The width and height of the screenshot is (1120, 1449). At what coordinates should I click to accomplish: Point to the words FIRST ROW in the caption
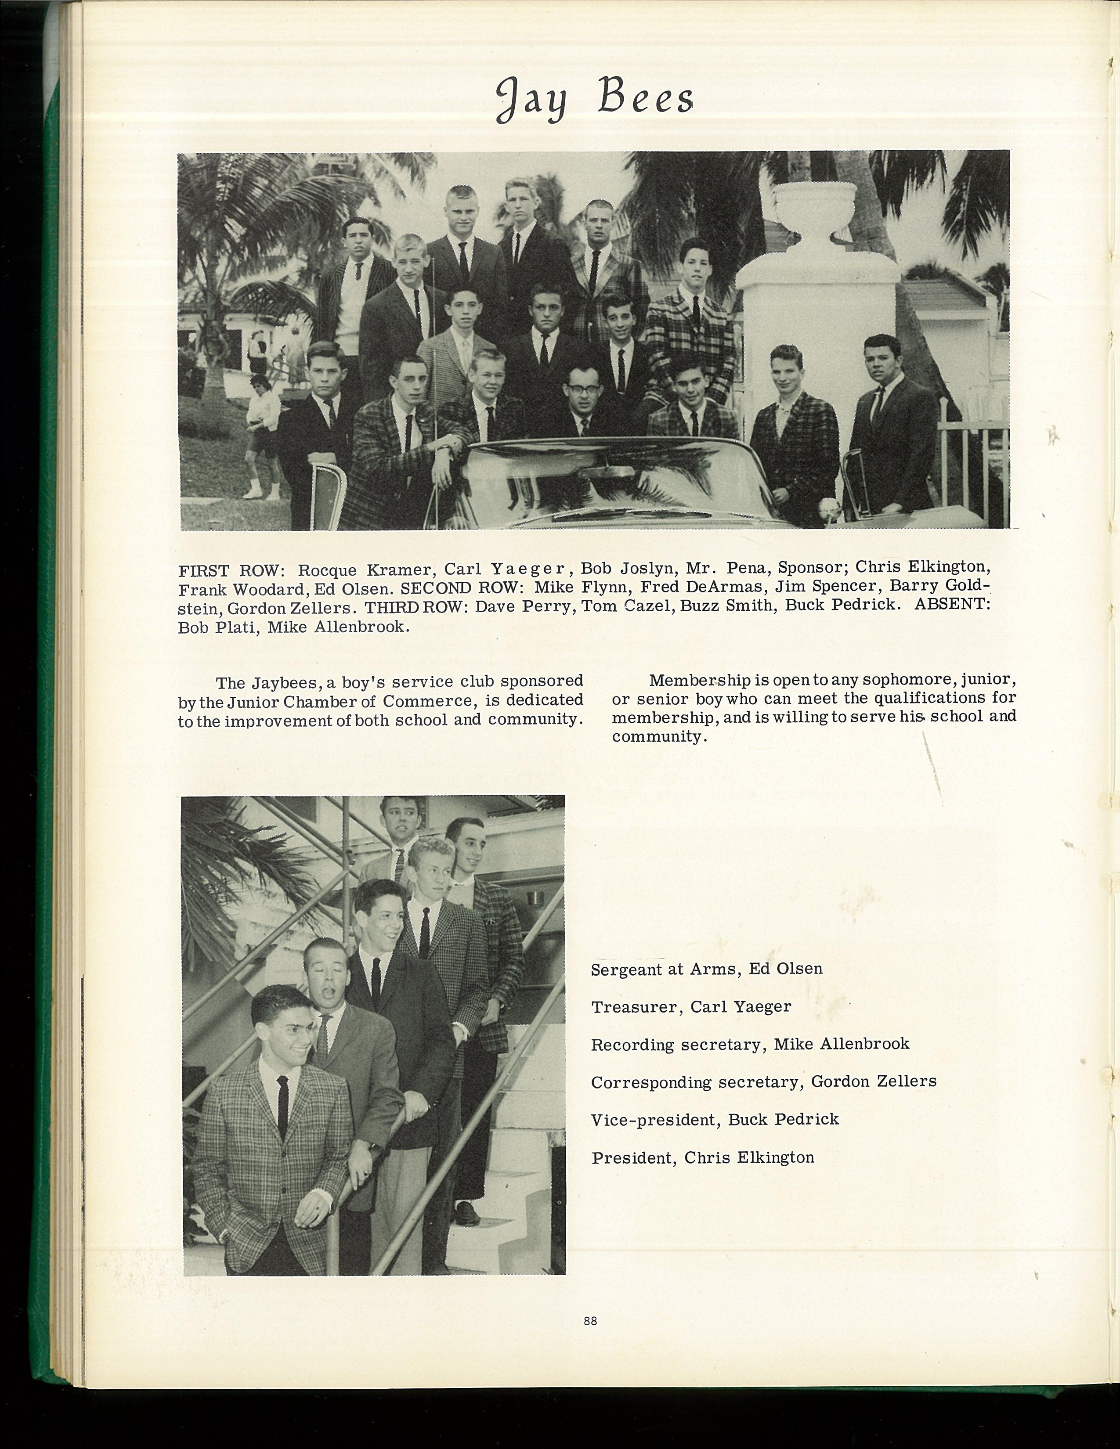pos(231,570)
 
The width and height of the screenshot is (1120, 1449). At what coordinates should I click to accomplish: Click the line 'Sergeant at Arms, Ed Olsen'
pos(707,969)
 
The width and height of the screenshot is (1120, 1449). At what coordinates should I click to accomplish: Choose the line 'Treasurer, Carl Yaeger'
pos(691,1006)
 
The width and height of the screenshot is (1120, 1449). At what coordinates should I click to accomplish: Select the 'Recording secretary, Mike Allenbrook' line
pos(750,1044)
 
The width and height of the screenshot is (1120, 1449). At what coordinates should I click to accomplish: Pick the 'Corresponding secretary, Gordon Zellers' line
pos(763,1082)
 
